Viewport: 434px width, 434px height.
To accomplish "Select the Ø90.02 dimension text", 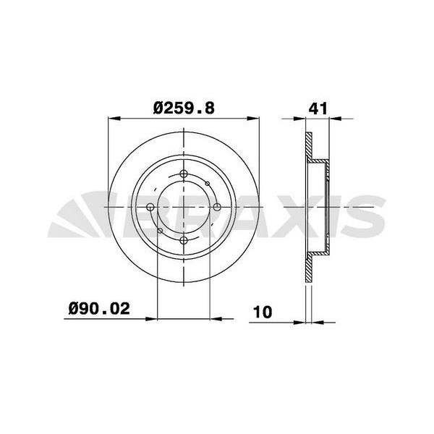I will tap(99, 309).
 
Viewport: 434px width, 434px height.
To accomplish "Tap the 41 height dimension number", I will tap(318, 108).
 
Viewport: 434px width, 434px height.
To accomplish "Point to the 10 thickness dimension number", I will tap(262, 312).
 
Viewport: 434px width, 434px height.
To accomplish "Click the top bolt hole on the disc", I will tap(184, 174).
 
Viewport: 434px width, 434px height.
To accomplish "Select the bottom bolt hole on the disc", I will tap(184, 240).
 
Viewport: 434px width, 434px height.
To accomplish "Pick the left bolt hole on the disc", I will tap(150, 208).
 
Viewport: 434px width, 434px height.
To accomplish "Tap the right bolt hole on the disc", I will tap(216, 208).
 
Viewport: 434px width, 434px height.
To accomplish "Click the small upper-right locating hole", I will tap(207, 184).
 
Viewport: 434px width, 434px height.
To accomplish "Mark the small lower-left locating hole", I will tap(160, 231).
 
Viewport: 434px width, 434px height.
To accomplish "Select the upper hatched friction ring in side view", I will tap(309, 148).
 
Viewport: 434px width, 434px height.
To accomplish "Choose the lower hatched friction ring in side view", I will tap(309, 268).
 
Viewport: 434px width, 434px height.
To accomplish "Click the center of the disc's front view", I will tap(184, 208).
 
